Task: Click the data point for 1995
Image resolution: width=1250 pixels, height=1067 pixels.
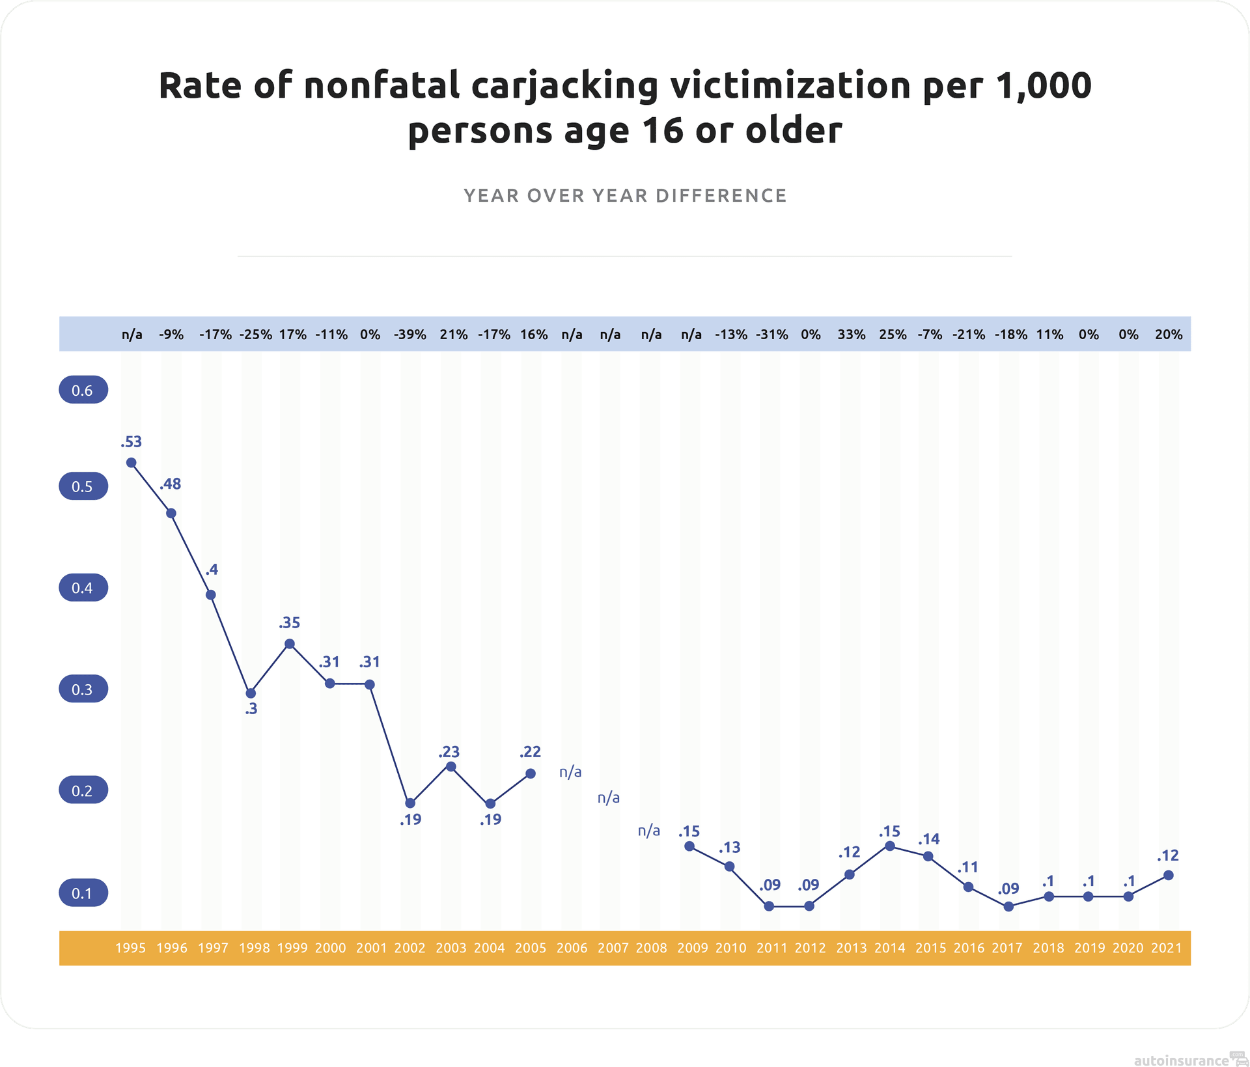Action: [x=131, y=463]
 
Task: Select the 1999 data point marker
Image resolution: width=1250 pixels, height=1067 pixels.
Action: [x=290, y=644]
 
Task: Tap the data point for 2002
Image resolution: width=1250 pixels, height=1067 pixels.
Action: [x=410, y=803]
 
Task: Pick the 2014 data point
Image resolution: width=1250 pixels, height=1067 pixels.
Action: [x=890, y=846]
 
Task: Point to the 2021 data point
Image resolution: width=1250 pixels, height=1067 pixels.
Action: [x=1169, y=875]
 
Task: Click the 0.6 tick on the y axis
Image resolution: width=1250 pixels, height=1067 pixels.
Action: [x=83, y=390]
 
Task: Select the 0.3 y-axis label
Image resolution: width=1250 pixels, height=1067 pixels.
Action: [x=83, y=689]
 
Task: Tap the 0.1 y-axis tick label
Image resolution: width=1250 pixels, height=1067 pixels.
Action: [x=83, y=893]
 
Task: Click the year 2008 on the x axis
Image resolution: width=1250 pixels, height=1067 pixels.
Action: [x=652, y=948]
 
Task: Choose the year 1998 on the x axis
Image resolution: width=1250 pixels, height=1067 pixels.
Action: [x=254, y=948]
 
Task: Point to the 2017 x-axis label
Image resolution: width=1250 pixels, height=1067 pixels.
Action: [x=1007, y=948]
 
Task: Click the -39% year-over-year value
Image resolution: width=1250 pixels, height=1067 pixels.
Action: [x=410, y=335]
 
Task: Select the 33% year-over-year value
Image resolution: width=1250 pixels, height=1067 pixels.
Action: [x=852, y=335]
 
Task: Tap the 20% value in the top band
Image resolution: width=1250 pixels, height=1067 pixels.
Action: [x=1169, y=335]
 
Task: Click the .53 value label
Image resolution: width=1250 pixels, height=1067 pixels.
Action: [x=131, y=442]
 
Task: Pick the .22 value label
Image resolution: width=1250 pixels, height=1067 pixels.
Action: [x=530, y=752]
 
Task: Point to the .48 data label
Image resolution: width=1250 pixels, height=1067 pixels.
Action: [x=171, y=484]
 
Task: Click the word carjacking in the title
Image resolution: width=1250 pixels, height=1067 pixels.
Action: [x=564, y=87]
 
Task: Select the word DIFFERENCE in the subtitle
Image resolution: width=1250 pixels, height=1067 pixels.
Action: [x=721, y=195]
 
